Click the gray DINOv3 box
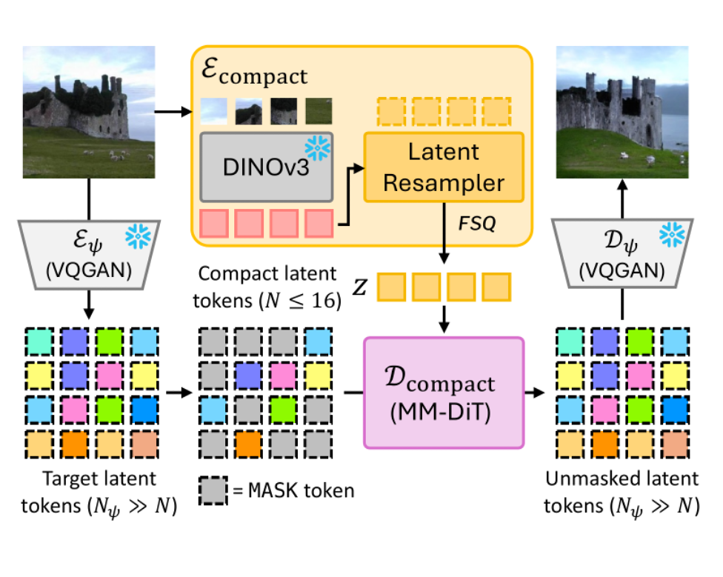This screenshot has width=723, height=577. coord(266,167)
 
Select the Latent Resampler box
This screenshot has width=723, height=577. coord(443,167)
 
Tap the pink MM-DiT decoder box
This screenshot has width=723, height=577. coord(443,392)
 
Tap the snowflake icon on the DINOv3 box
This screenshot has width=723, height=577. coord(319,148)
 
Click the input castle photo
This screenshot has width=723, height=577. coord(89,111)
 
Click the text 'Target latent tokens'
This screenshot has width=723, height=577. coord(100,493)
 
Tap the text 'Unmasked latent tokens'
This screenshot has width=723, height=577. coord(621,493)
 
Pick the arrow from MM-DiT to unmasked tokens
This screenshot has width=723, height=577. coord(539,392)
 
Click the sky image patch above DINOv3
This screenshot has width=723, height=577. coord(214,111)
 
